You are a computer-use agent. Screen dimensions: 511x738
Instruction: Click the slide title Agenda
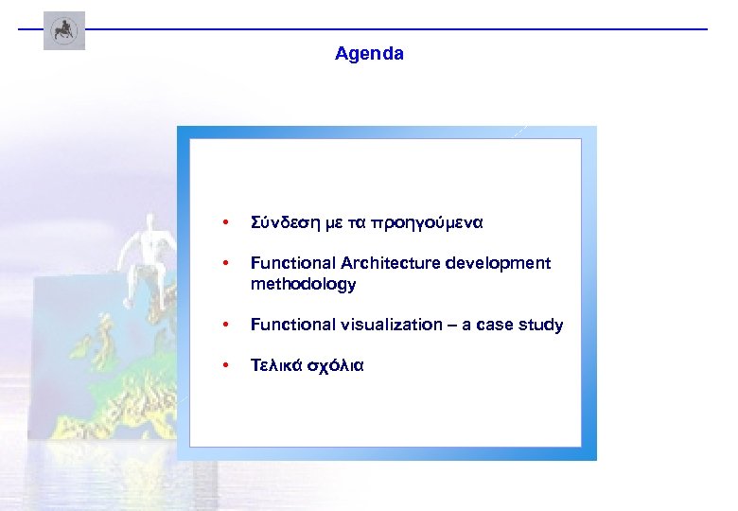369,54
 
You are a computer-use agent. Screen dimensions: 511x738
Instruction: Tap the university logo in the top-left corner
64,30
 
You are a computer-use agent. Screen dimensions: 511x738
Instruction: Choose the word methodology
303,284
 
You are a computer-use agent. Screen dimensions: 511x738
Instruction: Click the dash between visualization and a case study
449,325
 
